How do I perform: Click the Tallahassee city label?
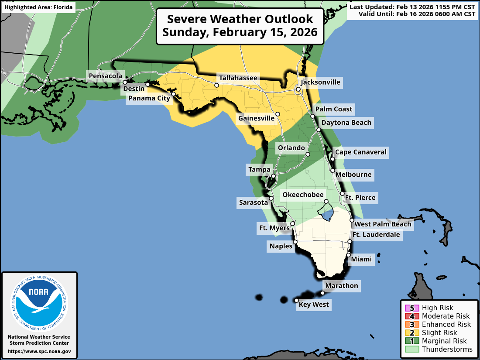(238, 78)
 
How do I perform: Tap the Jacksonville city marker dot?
(298, 89)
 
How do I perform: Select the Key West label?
(314, 305)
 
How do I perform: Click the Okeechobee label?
(303, 195)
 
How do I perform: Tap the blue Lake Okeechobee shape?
(327, 214)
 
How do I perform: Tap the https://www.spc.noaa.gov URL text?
(39, 351)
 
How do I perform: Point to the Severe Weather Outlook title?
(240, 26)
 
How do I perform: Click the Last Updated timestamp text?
(412, 7)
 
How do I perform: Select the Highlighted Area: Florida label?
(38, 7)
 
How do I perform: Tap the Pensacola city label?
(105, 76)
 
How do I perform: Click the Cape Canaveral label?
(360, 152)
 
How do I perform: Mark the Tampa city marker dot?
(273, 176)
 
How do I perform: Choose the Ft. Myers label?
(274, 228)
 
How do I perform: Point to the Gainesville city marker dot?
(278, 114)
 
